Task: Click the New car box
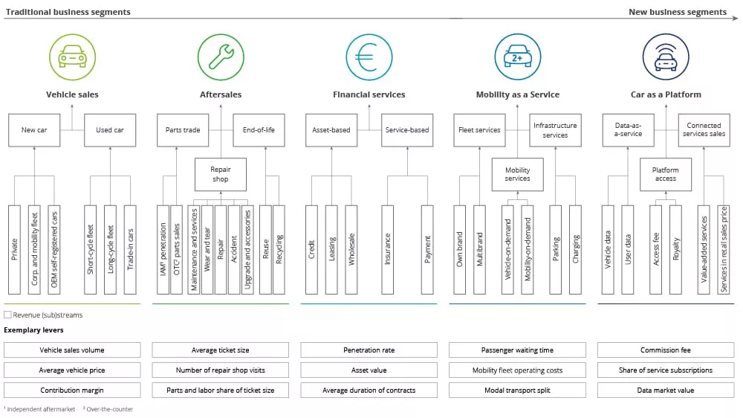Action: tap(34, 130)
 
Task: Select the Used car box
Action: tap(110, 130)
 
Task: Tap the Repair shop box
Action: tap(221, 174)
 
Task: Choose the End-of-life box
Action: tap(259, 130)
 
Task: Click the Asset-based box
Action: tap(331, 130)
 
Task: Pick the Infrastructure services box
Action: tap(555, 130)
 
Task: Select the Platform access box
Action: tap(666, 174)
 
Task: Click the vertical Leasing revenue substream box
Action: tap(331, 249)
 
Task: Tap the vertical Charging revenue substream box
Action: tap(575, 249)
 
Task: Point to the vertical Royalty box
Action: tap(675, 249)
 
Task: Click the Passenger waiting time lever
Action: tap(518, 350)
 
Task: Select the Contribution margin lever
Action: tap(72, 390)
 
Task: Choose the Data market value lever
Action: tap(666, 390)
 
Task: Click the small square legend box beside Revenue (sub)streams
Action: tap(7, 315)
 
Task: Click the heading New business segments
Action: tap(677, 12)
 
